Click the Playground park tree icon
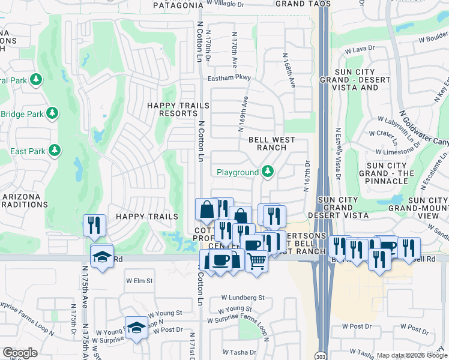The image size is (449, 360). tap(267, 173)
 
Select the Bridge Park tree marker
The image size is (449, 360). tap(52, 113)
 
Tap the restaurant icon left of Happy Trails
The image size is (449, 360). tap(94, 225)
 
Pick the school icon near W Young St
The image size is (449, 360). tap(136, 328)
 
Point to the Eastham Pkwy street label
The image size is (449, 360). tap(229, 78)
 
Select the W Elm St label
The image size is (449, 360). tap(139, 280)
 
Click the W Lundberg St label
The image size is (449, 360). tap(243, 297)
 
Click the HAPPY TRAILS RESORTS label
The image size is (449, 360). tap(178, 109)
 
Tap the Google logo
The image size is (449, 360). tap(20, 352)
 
